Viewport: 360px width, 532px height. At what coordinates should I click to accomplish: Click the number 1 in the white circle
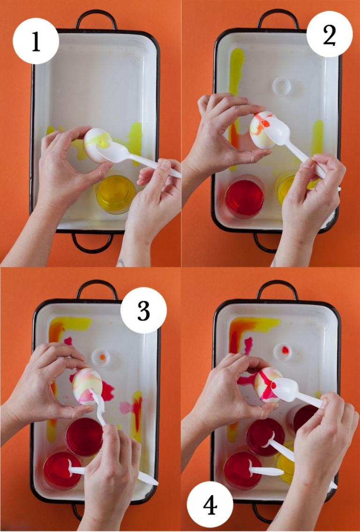point(36,41)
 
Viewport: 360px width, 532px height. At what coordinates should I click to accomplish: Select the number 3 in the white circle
point(143,310)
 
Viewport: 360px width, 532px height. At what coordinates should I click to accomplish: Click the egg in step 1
point(97,145)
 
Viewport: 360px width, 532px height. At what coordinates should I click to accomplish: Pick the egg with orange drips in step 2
point(262,130)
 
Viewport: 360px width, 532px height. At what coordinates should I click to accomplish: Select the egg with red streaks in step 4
point(268,384)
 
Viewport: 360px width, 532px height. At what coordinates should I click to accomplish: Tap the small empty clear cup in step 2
point(282,87)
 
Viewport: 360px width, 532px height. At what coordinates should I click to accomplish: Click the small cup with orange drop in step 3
point(100,358)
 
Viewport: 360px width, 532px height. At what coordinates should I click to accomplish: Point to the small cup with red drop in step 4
point(283,352)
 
